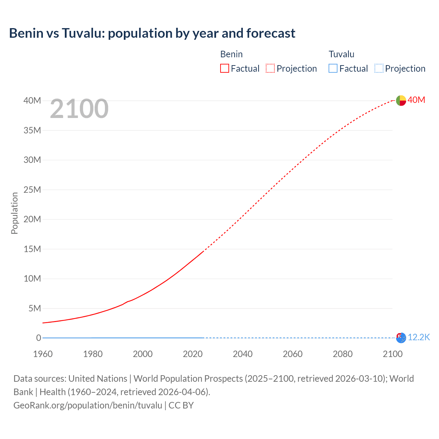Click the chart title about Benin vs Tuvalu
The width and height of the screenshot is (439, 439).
tap(152, 33)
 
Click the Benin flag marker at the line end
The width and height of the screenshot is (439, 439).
tap(401, 100)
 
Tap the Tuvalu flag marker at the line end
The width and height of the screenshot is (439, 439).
tap(401, 338)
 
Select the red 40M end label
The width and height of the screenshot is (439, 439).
tap(416, 100)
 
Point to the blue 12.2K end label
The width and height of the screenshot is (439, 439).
tap(419, 337)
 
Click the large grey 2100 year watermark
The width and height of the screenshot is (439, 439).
tap(79, 109)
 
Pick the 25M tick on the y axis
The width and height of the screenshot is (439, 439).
tap(32, 190)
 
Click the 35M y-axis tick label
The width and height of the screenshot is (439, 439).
tap(32, 130)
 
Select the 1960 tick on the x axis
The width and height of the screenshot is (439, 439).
tap(43, 354)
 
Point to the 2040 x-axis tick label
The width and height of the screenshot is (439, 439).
tap(242, 354)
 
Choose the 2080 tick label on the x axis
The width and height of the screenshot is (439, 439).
tap(343, 354)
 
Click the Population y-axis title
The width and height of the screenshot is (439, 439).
tap(14, 213)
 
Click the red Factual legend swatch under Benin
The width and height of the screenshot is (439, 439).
tap(224, 68)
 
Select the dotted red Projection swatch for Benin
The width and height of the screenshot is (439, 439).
tap(270, 68)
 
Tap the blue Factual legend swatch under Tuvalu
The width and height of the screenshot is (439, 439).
tap(333, 68)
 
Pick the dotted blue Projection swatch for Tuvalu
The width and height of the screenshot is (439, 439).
tap(379, 68)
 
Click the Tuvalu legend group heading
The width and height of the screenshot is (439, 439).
tap(341, 54)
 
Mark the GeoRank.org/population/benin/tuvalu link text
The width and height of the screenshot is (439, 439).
tap(88, 405)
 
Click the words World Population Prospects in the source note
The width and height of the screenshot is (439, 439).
tap(188, 379)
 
